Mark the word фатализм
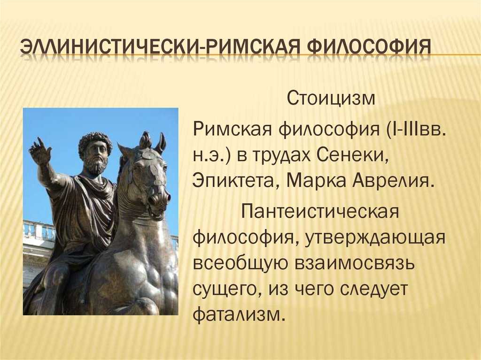tap(239, 314)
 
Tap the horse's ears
tap(153, 141)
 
